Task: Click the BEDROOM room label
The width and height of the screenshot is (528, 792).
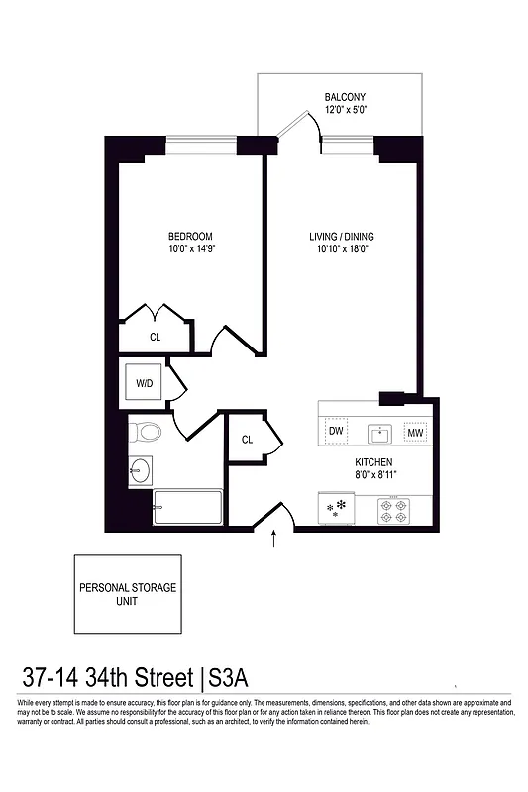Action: click(x=191, y=236)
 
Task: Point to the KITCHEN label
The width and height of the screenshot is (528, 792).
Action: click(x=374, y=462)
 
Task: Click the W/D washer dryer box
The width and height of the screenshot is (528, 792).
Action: click(x=145, y=381)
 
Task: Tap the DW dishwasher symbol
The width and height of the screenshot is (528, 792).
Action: click(x=337, y=432)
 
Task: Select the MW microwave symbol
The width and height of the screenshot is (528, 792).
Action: click(x=416, y=433)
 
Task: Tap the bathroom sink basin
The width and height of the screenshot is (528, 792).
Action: click(x=140, y=470)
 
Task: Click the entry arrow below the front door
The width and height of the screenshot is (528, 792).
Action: click(x=275, y=539)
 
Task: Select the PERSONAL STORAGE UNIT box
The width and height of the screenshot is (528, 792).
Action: click(x=128, y=595)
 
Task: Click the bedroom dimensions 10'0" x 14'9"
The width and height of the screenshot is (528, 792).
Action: click(x=191, y=249)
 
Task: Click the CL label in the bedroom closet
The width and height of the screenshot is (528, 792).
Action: click(x=155, y=337)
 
